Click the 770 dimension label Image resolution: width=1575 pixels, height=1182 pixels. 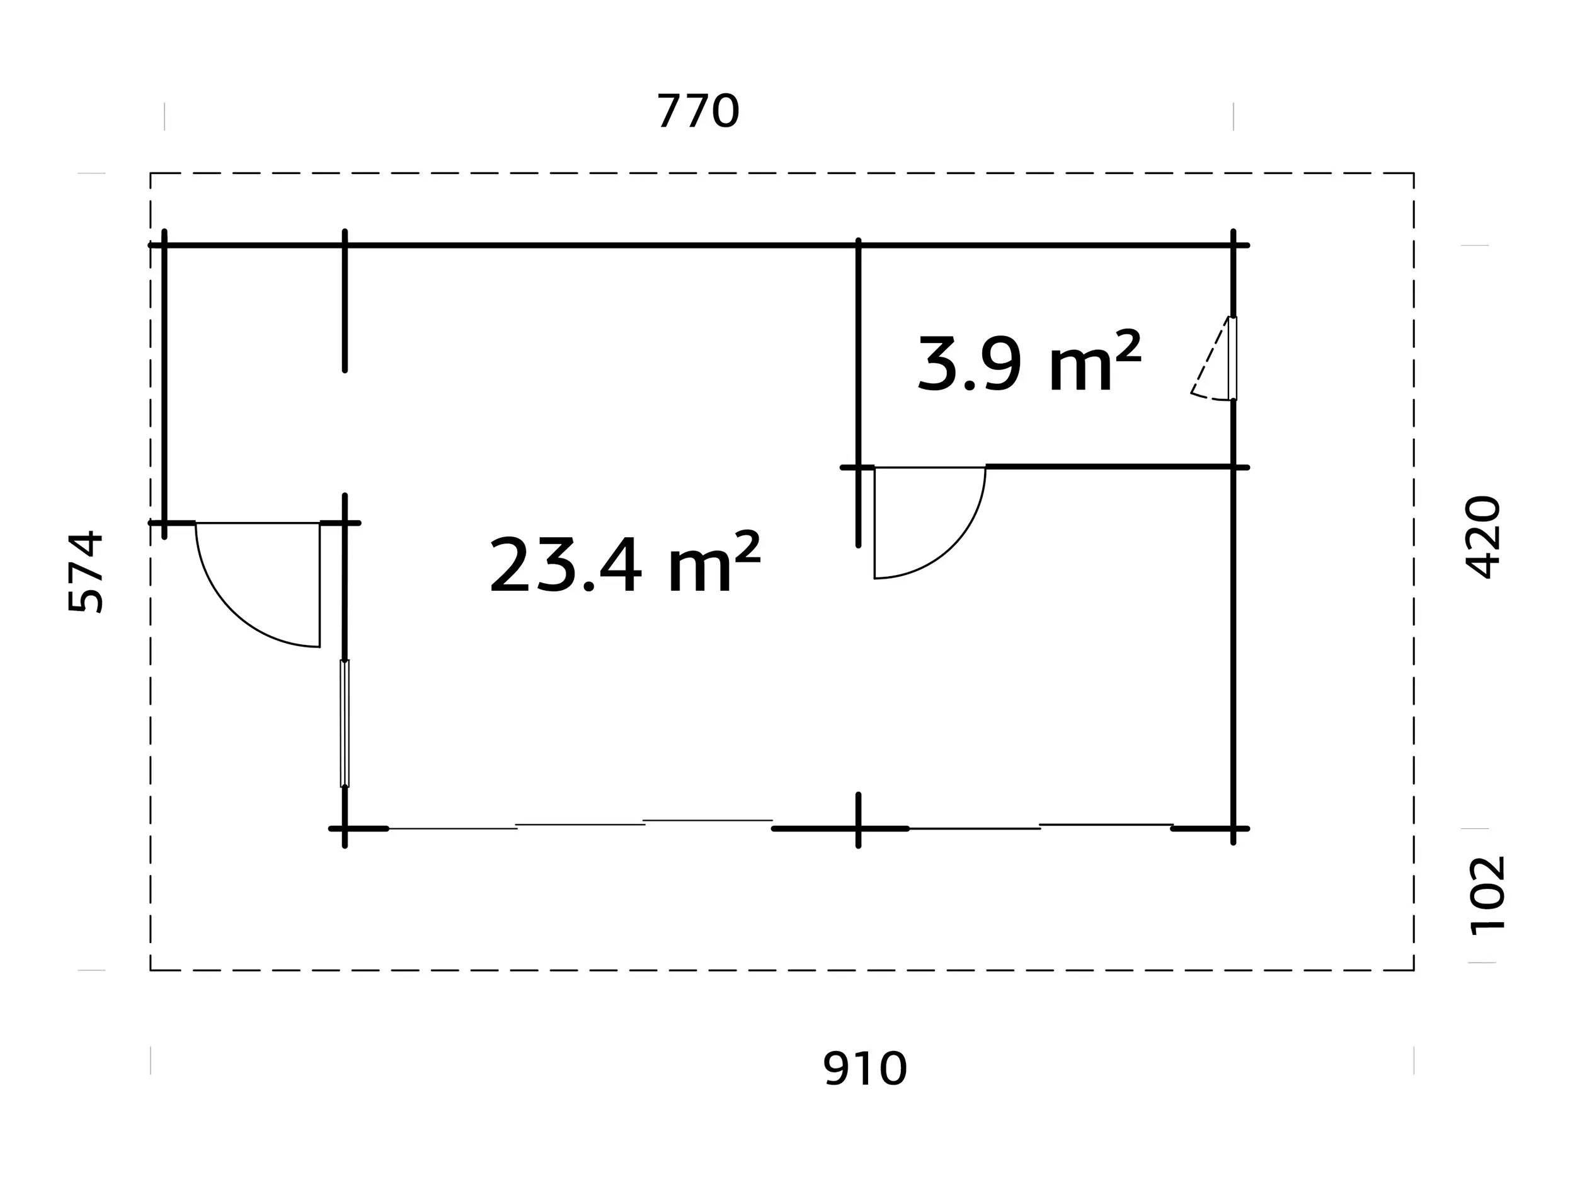pos(698,111)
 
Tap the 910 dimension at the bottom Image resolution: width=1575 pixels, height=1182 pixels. pos(864,1069)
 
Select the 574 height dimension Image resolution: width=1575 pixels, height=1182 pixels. pos(86,571)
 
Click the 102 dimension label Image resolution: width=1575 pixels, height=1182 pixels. pos(1487,896)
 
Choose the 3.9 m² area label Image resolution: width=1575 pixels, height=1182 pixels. pos(1029,362)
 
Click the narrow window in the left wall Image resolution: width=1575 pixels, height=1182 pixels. pos(345,724)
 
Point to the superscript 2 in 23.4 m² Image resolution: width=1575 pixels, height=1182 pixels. pos(747,547)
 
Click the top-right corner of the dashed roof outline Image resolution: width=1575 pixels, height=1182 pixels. pos(1413,173)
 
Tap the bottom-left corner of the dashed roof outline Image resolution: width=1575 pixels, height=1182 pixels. pos(150,970)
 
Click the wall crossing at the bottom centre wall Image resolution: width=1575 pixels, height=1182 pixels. pos(858,828)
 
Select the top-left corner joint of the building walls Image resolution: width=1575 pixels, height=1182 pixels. pos(164,245)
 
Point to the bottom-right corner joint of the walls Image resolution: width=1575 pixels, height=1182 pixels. pos(1234,828)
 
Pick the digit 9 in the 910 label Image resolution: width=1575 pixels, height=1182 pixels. pos(835,1069)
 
